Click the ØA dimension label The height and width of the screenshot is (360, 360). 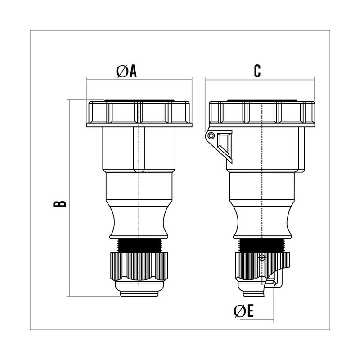(x=126, y=71)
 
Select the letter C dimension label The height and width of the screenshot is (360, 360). (x=257, y=71)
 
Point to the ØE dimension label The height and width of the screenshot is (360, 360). (x=243, y=311)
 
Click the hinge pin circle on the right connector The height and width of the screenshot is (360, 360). (x=211, y=136)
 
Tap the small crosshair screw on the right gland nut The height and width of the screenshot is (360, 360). (x=262, y=257)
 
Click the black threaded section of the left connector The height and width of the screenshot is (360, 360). (x=139, y=246)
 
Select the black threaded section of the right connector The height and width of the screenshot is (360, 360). (x=262, y=246)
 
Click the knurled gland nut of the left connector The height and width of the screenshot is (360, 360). (x=139, y=266)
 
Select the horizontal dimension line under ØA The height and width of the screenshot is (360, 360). (x=139, y=80)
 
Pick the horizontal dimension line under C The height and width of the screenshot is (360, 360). (x=260, y=80)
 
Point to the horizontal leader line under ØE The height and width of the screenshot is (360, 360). (x=256, y=319)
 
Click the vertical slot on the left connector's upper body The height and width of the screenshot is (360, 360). (x=139, y=150)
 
